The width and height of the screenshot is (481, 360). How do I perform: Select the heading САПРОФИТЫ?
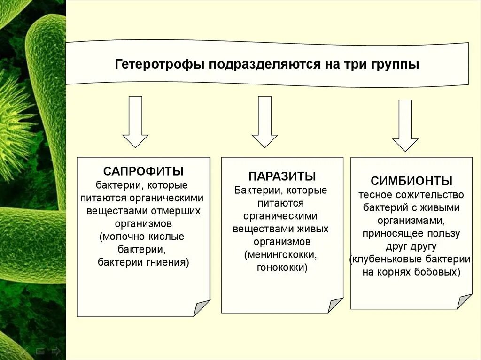[x=143, y=170]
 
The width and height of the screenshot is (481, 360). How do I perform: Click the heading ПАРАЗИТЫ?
[x=282, y=176]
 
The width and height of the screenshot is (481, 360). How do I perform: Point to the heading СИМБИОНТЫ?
[x=411, y=181]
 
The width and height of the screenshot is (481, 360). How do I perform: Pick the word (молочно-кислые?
[x=141, y=236]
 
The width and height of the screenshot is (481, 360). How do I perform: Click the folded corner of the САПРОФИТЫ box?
[x=202, y=308]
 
